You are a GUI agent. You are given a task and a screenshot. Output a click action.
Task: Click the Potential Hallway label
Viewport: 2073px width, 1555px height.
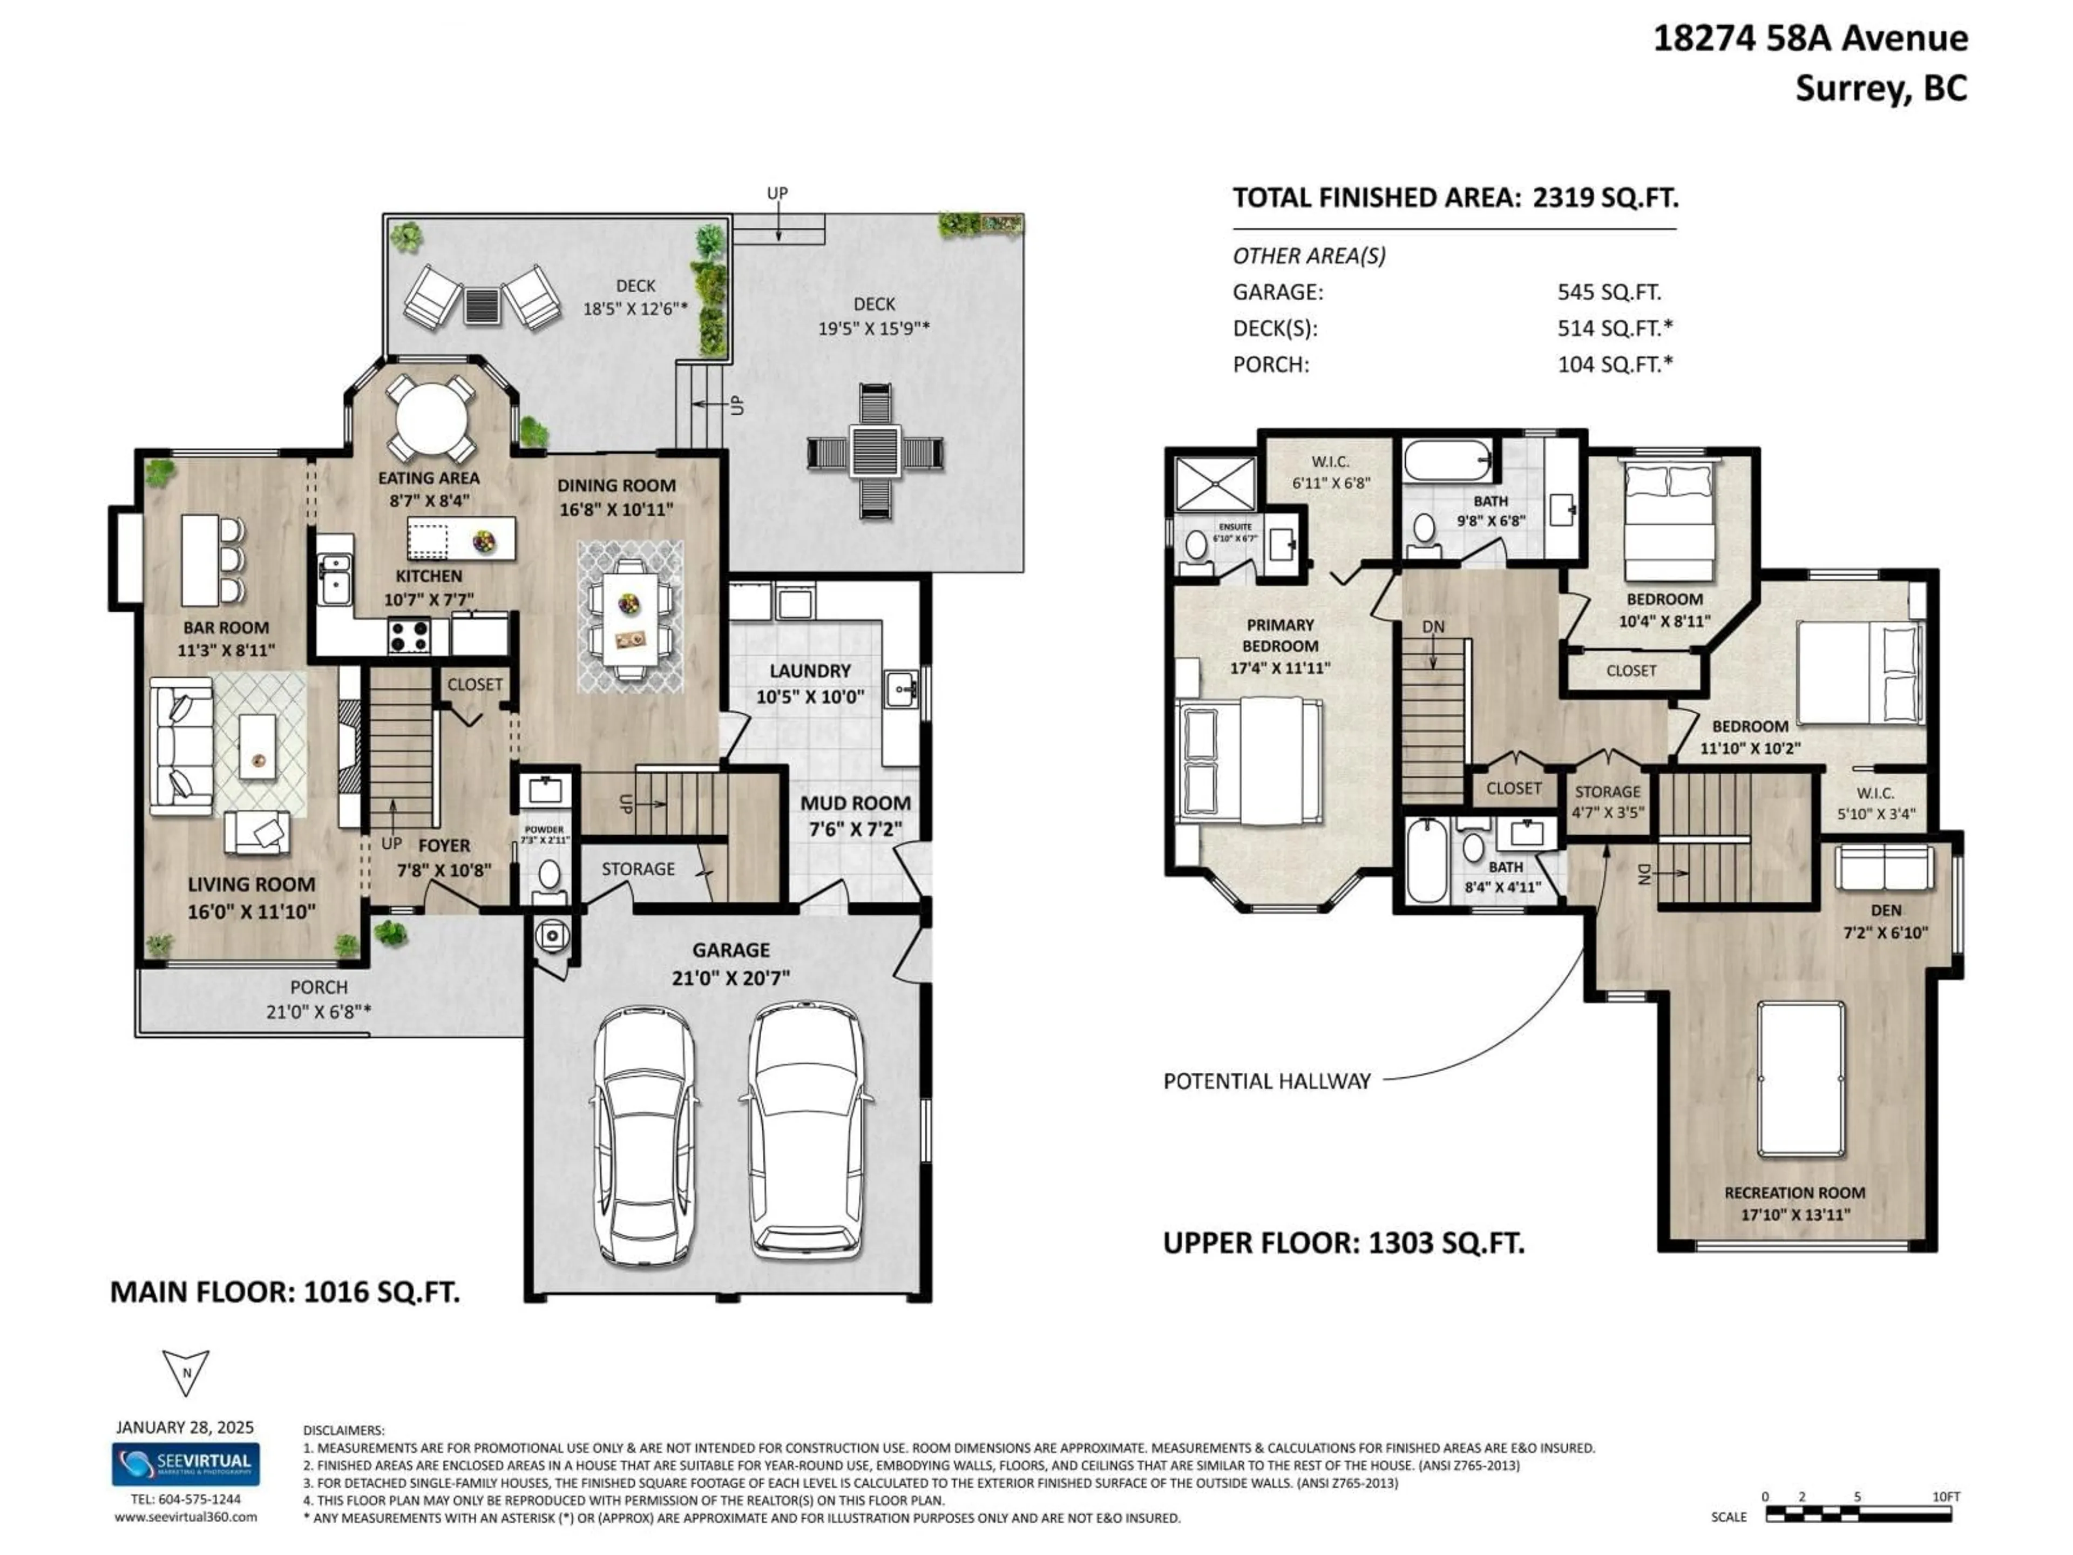(x=1267, y=1081)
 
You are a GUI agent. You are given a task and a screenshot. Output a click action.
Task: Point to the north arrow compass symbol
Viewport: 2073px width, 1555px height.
(x=186, y=1372)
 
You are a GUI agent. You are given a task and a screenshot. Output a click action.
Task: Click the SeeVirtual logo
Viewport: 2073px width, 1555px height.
(x=186, y=1464)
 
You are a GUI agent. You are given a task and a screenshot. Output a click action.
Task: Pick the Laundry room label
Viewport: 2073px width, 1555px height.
(x=810, y=671)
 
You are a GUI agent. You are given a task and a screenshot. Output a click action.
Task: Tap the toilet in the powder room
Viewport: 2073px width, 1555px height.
(x=548, y=875)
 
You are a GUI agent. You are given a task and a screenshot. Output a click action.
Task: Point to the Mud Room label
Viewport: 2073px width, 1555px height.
(x=855, y=803)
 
